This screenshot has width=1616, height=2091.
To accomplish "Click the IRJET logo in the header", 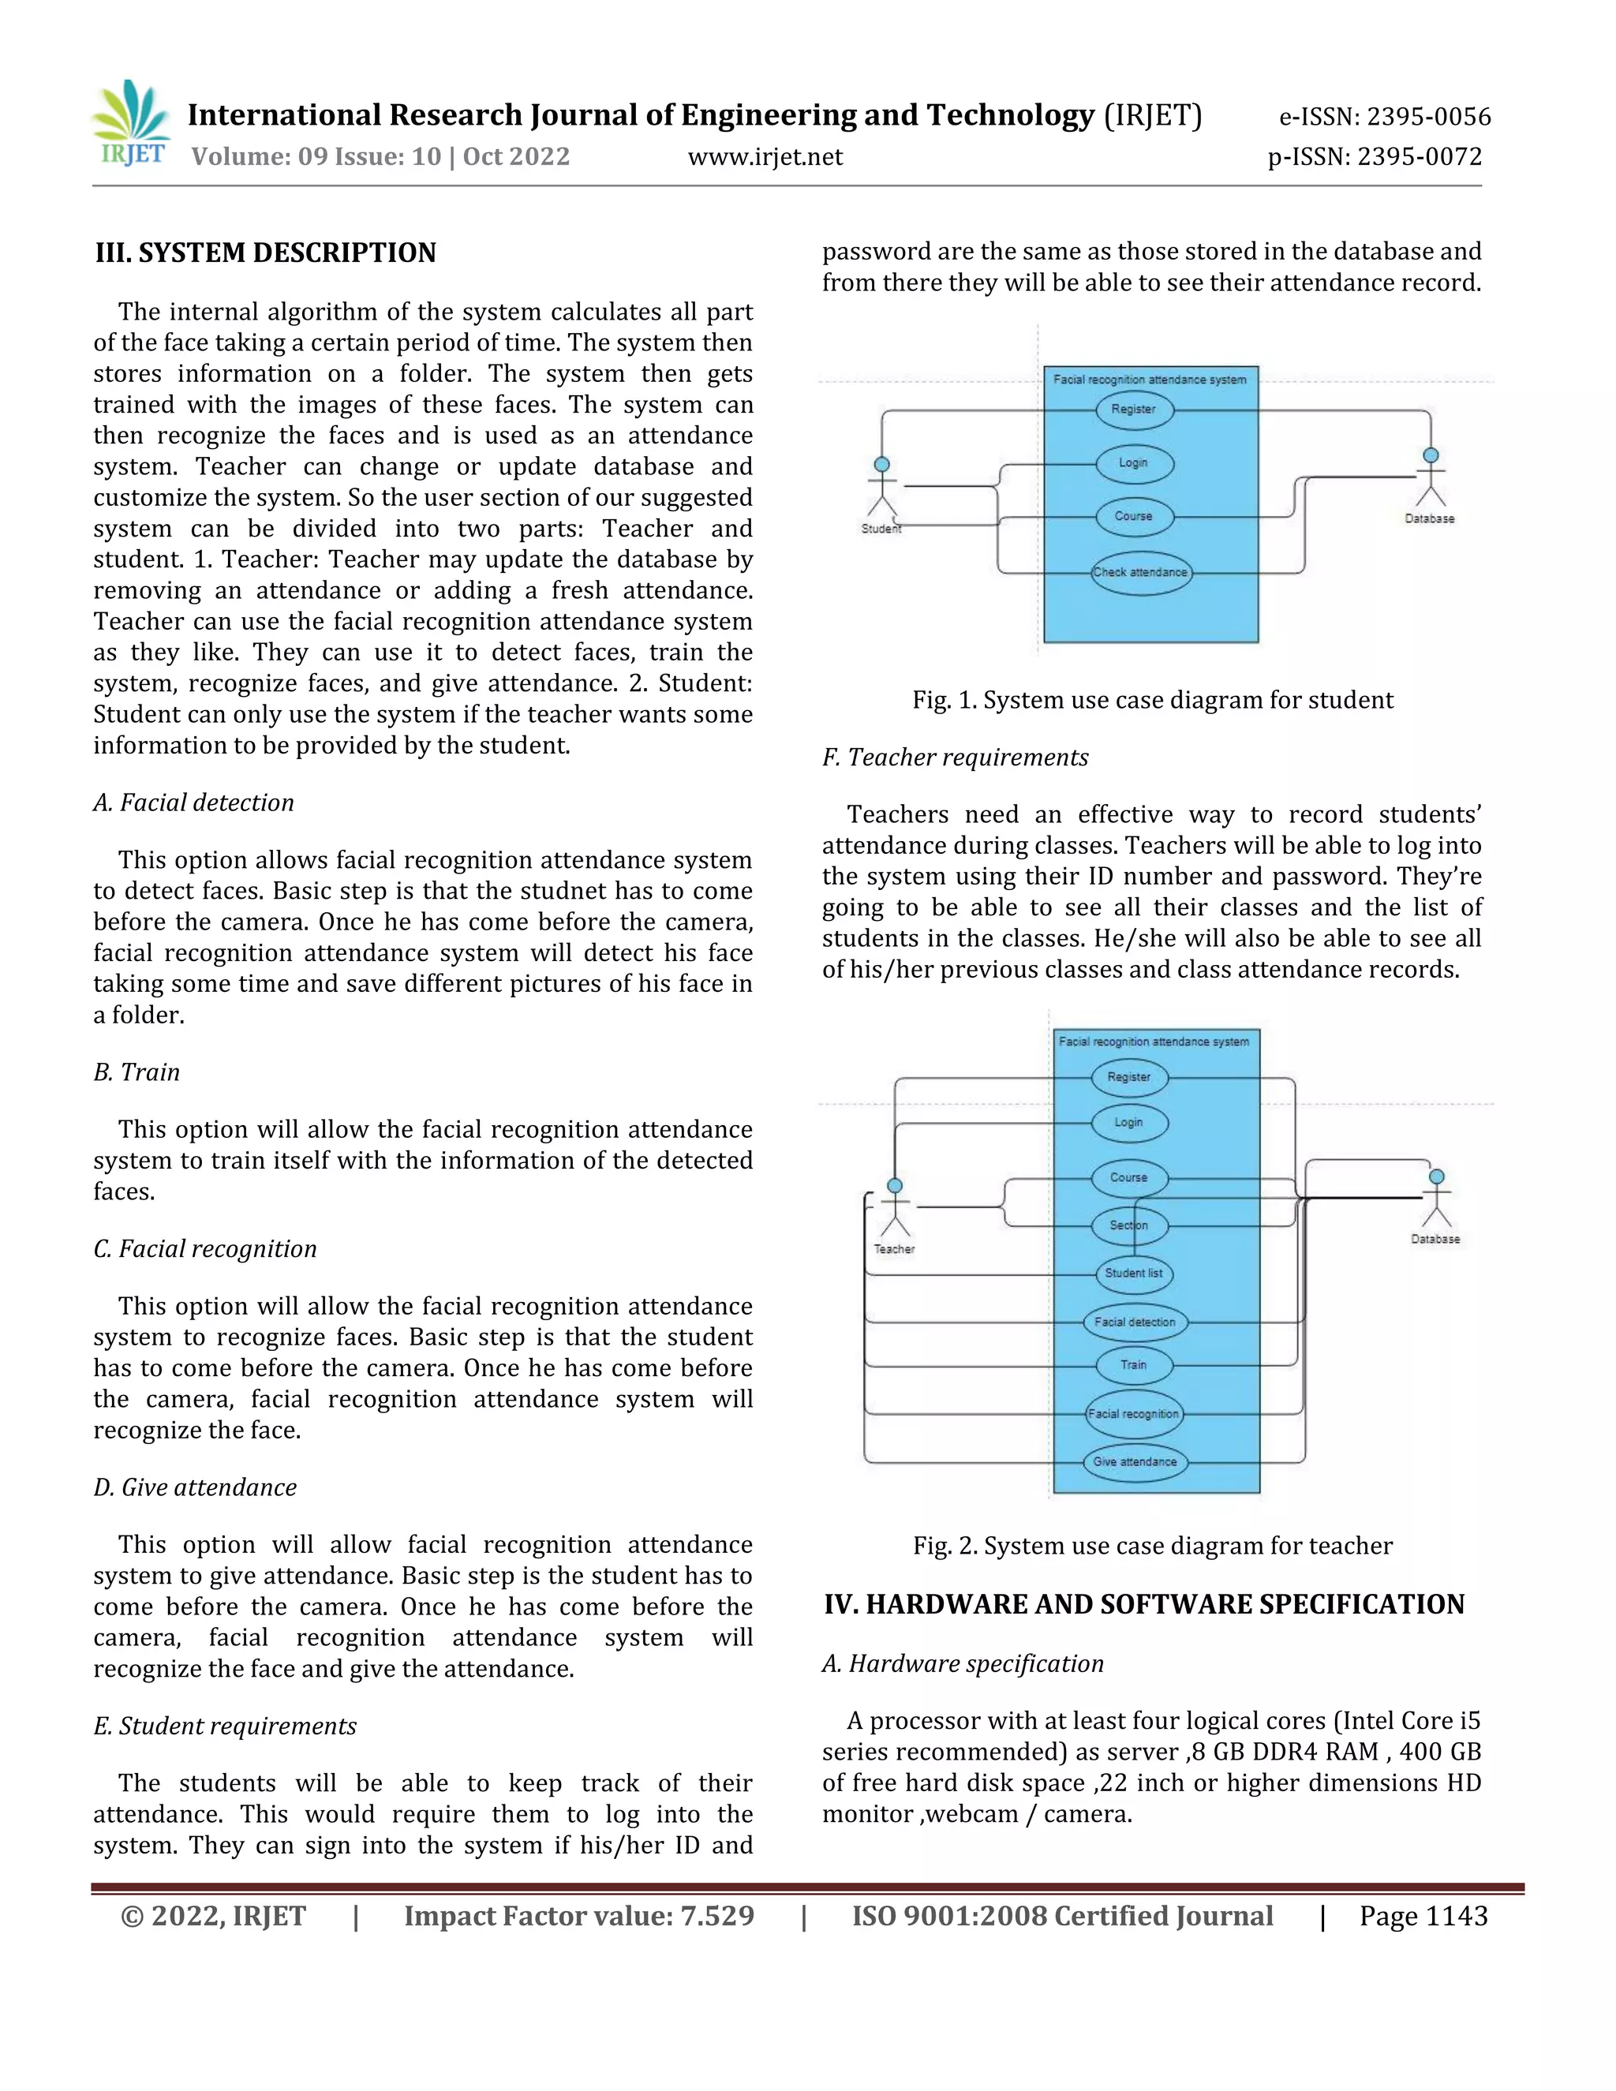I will click(132, 125).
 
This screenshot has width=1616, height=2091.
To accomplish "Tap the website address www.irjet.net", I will click(765, 157).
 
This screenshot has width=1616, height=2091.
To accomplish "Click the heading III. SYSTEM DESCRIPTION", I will click(265, 252).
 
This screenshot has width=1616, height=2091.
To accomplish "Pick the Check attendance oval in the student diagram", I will click(1140, 573).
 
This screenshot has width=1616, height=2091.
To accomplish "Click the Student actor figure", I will click(881, 488).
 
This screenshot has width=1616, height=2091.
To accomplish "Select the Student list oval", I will click(1134, 1274).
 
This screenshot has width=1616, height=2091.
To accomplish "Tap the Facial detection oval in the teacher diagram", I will click(1135, 1322).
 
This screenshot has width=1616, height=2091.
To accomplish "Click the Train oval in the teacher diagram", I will click(1134, 1365).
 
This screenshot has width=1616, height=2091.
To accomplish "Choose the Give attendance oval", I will click(1135, 1462).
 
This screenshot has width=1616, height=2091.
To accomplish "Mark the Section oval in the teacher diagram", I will click(1128, 1225).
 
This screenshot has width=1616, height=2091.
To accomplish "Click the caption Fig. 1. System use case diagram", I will click(1152, 700).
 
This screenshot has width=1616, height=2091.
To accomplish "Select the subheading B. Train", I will click(137, 1072).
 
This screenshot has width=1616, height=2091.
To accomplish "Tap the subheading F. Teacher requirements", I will click(955, 757).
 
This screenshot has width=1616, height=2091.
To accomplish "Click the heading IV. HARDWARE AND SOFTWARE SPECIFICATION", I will click(1144, 1605).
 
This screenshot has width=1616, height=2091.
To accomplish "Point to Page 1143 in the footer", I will click(1423, 1917).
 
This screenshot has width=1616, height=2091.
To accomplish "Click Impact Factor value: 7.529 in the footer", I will click(578, 1917).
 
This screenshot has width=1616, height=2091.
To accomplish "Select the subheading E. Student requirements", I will click(225, 1726).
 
